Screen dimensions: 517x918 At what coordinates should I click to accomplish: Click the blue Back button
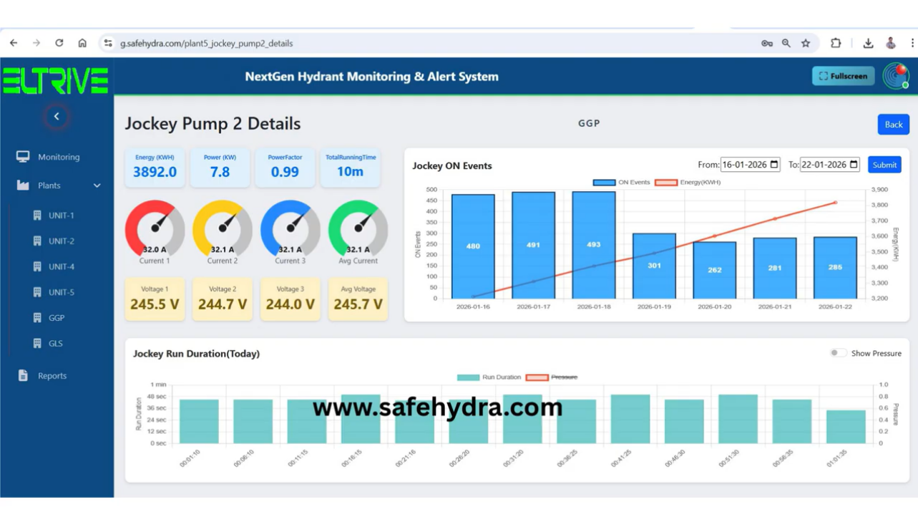893,125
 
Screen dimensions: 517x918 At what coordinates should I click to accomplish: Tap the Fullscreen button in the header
843,76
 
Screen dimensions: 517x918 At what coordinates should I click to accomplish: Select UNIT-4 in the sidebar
62,266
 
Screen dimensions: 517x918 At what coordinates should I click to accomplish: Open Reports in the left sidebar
52,375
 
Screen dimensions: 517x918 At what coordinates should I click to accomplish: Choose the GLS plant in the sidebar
56,343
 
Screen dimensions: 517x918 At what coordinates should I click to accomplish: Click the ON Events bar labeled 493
593,245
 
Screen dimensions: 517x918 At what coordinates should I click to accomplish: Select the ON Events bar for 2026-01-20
714,270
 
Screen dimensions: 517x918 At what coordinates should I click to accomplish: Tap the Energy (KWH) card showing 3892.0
155,167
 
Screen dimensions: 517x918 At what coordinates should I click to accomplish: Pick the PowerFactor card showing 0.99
285,167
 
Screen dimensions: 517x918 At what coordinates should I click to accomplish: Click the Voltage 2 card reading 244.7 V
223,299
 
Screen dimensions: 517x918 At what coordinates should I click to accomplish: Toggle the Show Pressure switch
838,353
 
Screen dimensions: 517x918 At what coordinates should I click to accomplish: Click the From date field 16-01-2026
749,165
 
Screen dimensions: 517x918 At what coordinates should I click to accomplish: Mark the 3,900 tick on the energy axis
880,190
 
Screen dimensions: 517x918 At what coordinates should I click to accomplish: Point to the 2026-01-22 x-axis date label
835,307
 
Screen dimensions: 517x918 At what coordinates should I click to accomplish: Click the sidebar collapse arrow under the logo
57,116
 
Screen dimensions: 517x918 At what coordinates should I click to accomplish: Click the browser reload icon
59,43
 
